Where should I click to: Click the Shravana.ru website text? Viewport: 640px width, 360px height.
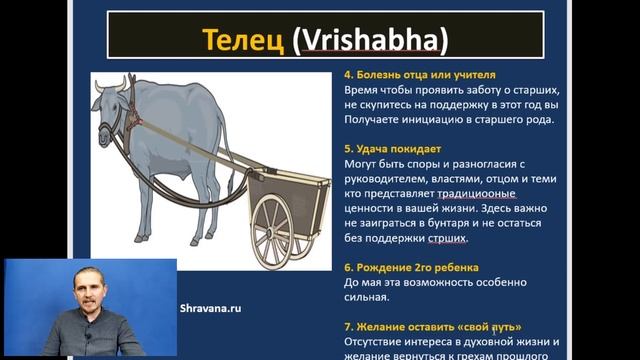(x=211, y=309)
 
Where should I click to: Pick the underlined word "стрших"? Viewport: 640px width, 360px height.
(x=442, y=239)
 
